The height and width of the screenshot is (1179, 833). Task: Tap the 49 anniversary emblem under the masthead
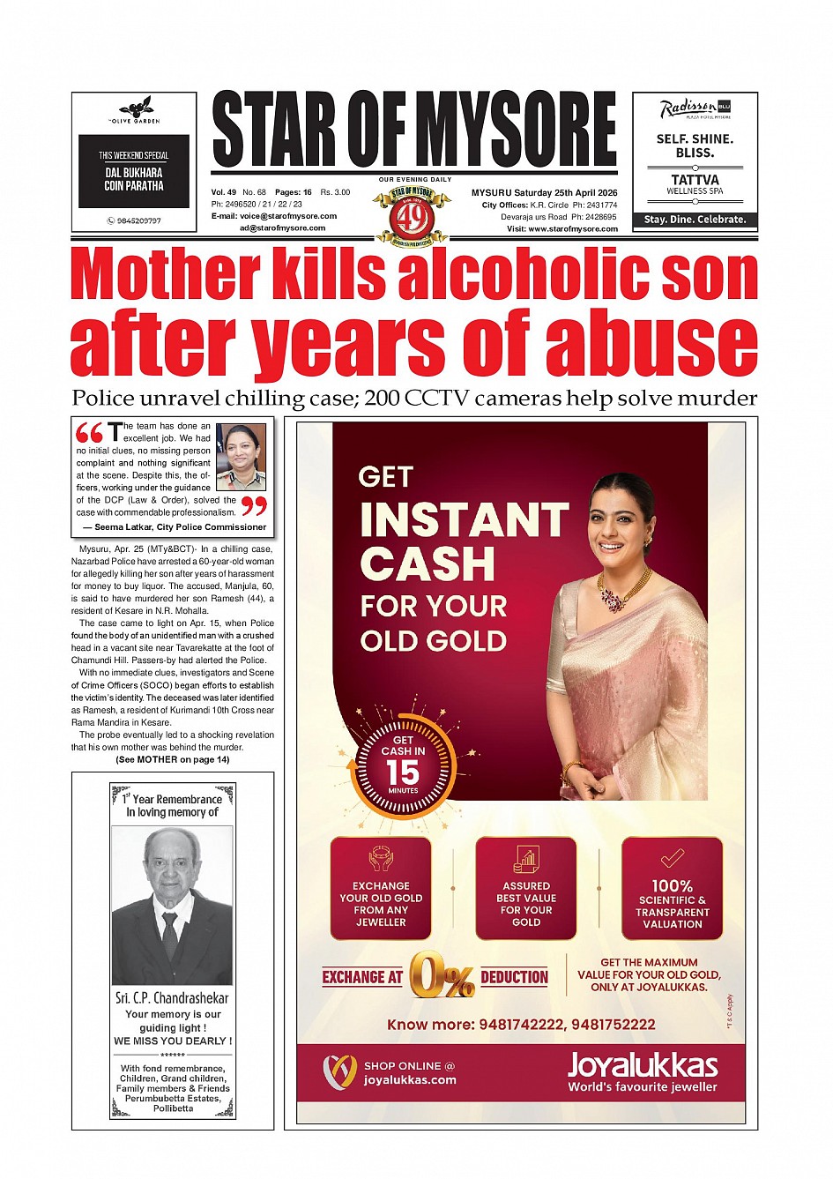(x=412, y=214)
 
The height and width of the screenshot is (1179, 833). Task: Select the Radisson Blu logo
(x=695, y=110)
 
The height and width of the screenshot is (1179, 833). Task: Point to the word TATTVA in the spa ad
(x=695, y=179)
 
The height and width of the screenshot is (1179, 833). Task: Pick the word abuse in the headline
(x=651, y=342)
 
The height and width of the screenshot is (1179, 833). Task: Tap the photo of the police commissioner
(x=241, y=457)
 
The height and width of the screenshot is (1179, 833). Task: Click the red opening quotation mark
(x=90, y=433)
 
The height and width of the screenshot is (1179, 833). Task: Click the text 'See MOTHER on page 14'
(x=172, y=759)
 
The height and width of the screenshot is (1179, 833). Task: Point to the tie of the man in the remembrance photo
(x=170, y=935)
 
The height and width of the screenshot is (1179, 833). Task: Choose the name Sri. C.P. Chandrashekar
(x=172, y=998)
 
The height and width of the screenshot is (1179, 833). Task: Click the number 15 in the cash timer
(x=403, y=772)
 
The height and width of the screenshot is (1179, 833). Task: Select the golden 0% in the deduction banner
(x=441, y=976)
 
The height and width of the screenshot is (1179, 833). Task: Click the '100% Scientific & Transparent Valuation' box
(x=672, y=889)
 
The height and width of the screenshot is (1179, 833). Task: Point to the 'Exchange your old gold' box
(x=381, y=889)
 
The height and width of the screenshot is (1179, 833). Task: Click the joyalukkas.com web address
(x=410, y=1079)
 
